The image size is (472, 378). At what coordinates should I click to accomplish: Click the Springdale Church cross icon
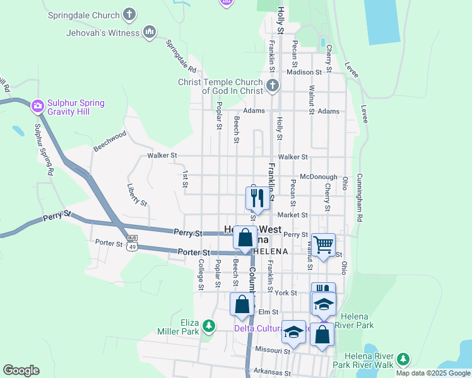pos(129,13)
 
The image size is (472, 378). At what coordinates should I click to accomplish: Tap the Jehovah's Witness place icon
pos(150,31)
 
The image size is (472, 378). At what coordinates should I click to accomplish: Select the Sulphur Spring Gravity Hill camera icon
pos(38,106)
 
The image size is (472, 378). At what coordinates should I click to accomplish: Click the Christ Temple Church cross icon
pos(273,86)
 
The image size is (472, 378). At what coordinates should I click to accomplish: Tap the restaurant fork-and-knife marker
pos(257,198)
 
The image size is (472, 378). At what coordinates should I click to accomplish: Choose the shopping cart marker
pos(323,244)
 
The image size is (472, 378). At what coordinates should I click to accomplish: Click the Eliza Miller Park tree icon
pos(208,326)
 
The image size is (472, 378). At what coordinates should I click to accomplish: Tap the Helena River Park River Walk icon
pos(402,360)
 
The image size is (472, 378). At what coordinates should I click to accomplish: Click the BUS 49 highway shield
pos(132,243)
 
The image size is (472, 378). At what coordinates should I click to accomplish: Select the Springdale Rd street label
pos(181,55)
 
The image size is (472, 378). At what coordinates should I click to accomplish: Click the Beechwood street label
pos(110,141)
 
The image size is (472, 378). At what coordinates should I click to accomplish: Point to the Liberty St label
pos(136,195)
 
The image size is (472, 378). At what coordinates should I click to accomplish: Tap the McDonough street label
pos(319,178)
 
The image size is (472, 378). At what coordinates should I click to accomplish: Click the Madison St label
pos(304,72)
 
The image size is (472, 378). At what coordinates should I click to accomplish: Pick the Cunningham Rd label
pos(360,197)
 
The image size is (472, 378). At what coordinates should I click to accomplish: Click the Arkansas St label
pos(271,372)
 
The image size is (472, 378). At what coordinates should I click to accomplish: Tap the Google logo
pos(21,370)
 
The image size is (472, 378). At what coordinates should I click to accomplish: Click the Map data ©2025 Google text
pos(432,373)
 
